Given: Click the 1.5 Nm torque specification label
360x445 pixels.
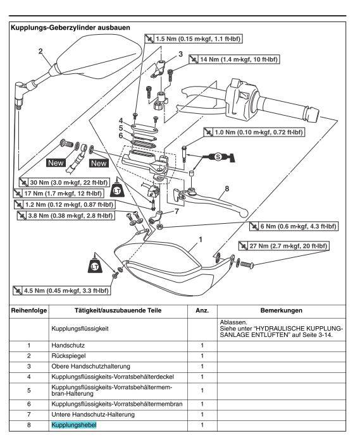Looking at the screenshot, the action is (193, 39).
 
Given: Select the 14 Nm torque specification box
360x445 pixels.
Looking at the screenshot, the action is (234, 59).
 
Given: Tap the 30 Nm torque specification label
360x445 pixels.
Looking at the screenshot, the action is (64, 183).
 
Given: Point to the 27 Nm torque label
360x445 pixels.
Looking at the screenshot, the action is (283, 246).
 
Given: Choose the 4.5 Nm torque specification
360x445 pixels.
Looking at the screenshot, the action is (61, 291).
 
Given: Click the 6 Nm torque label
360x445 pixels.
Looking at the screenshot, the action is (294, 226).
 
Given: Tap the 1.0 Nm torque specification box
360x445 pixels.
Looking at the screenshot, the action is (254, 132).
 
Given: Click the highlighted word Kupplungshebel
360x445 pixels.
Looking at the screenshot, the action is (74, 425).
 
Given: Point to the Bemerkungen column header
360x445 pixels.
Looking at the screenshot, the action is (282, 310).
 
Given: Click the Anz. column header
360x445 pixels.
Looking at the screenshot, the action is (202, 310).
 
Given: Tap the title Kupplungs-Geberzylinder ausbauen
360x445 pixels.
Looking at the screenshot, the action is (70, 28).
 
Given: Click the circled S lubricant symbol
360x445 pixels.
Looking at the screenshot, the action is (218, 156).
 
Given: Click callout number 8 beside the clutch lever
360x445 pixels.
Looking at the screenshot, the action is (227, 188).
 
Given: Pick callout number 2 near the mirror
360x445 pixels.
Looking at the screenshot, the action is (40, 51).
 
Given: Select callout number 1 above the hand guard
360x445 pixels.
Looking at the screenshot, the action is (201, 240).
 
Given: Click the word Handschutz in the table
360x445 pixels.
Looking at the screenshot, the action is (68, 345).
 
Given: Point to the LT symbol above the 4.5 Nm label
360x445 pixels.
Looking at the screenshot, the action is (95, 266).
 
